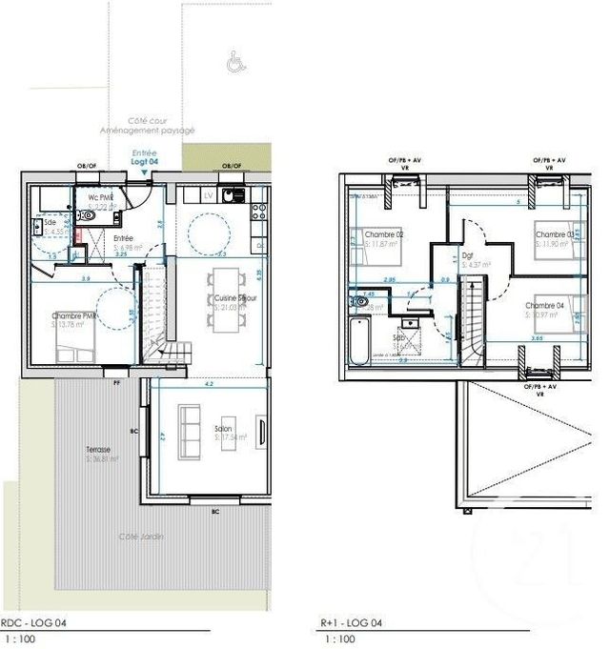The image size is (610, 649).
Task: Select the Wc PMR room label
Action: pyautogui.click(x=100, y=198)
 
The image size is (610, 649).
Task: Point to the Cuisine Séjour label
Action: pyautogui.click(x=236, y=298)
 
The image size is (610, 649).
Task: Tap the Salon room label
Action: pyautogui.click(x=224, y=430)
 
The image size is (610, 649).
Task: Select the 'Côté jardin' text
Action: pyautogui.click(x=141, y=537)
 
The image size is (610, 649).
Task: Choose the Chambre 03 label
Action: pyautogui.click(x=554, y=234)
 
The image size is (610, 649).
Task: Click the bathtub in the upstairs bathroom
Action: pyautogui.click(x=358, y=339)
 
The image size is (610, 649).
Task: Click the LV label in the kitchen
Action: pyautogui.click(x=208, y=195)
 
